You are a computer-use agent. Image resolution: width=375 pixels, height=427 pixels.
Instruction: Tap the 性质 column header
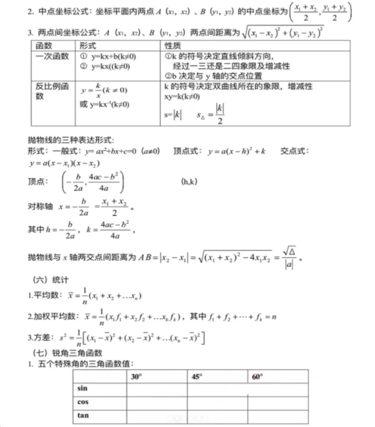point(173,45)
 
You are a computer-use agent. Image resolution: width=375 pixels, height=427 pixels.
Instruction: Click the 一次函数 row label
point(52,56)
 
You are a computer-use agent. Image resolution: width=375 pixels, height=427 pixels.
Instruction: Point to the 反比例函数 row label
point(52,91)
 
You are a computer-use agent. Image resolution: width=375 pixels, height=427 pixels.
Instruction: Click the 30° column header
point(136,376)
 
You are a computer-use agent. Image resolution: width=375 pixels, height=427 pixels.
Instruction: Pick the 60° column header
point(257,376)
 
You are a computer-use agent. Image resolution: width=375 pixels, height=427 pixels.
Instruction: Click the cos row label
point(83,402)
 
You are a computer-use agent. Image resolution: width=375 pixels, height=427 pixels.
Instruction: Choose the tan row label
point(83,416)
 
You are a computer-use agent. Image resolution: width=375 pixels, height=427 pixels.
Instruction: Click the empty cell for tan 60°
point(277,416)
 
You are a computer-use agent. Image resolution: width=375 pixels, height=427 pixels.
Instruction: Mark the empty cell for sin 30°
point(157,388)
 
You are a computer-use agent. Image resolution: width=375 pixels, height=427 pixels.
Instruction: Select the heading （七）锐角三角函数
point(67,353)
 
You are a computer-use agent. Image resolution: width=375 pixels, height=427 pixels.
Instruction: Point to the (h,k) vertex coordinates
point(189,182)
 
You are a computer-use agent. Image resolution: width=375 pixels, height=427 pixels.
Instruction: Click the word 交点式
point(294,151)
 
